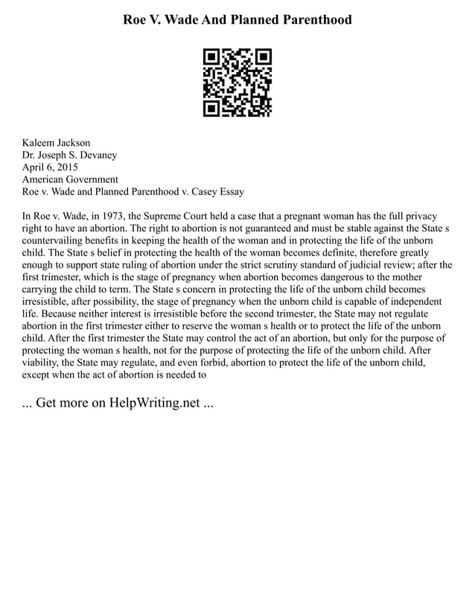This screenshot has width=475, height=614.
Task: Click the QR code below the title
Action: pos(238,83)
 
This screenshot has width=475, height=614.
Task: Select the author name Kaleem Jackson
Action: pos(57,143)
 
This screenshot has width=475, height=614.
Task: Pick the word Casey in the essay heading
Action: pos(197,192)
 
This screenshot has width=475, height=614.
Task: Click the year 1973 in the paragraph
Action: pos(112,216)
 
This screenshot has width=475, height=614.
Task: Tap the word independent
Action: pos(412,301)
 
